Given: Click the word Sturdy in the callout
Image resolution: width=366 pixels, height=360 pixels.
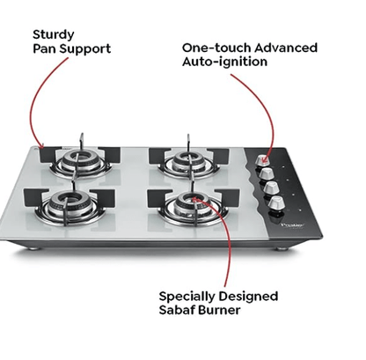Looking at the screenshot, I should pos(54,34).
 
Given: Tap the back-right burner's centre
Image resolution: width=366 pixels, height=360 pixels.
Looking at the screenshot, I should pos(187,158).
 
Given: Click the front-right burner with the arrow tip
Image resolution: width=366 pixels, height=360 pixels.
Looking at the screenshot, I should pos(191,203).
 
